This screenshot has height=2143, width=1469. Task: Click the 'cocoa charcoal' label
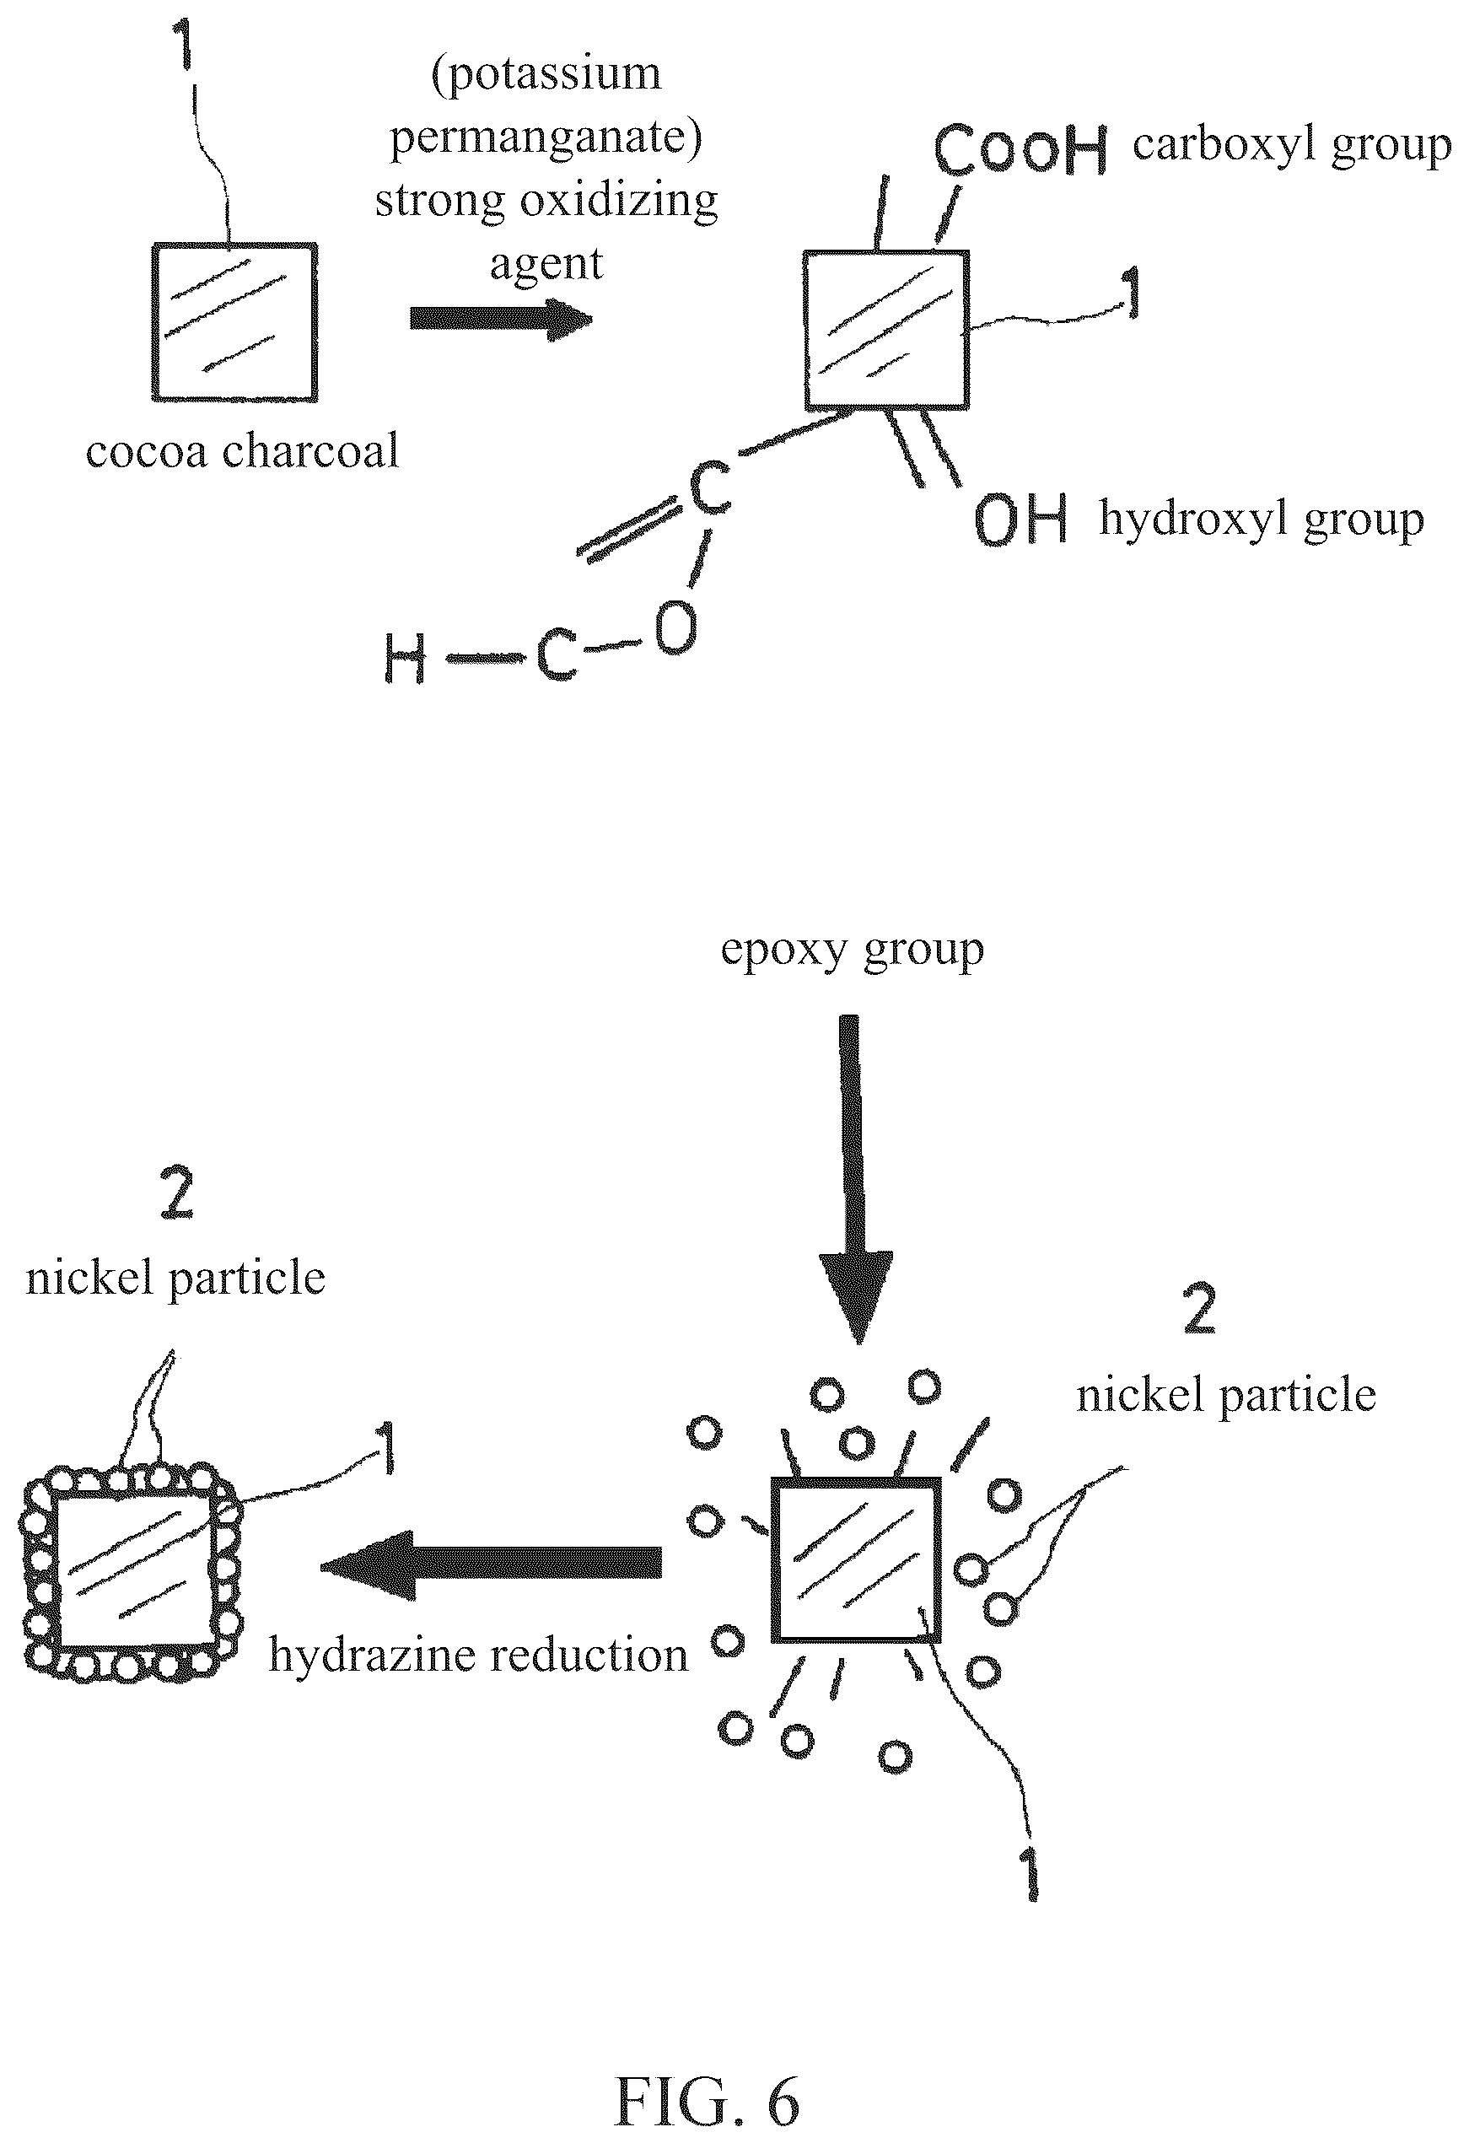pos(242,452)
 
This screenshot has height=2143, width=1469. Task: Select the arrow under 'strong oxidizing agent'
pos(501,319)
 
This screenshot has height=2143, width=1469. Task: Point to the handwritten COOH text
pos(1020,149)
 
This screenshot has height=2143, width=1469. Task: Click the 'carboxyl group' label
pos(1292,146)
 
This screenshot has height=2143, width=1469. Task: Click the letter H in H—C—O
pos(405,660)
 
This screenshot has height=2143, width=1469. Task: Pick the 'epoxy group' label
pos(852,950)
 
